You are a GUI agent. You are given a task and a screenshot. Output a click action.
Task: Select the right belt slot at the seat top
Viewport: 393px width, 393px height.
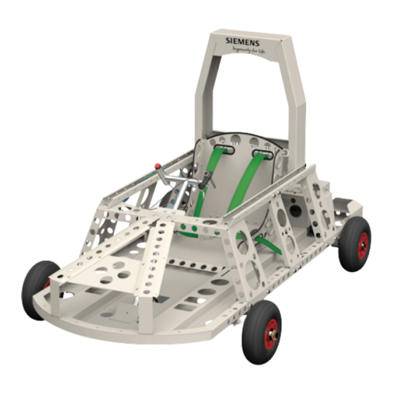point(262,152)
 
